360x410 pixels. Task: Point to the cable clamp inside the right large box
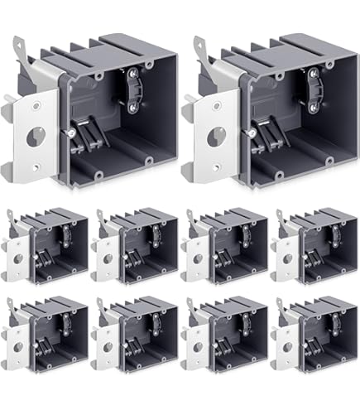[314, 90]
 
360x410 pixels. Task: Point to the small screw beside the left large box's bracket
[74, 129]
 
